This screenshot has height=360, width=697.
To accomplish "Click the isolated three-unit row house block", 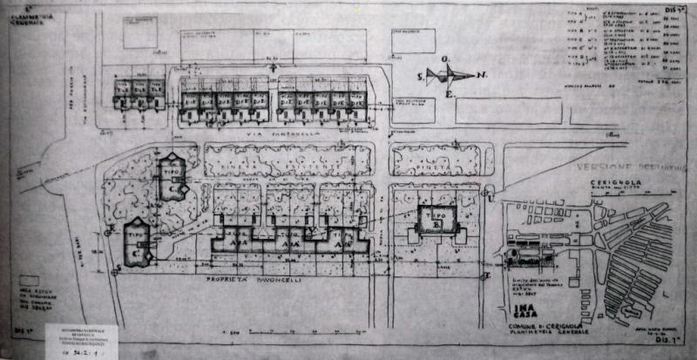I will click(x=139, y=91).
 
